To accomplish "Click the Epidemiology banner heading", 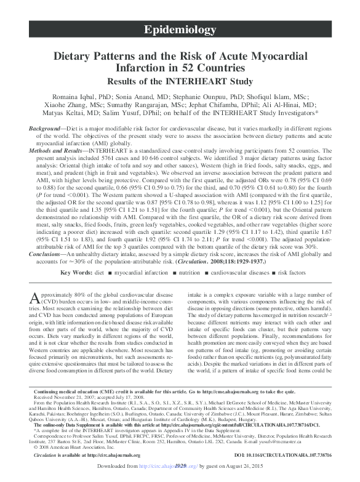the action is pyautogui.click(x=179, y=30).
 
